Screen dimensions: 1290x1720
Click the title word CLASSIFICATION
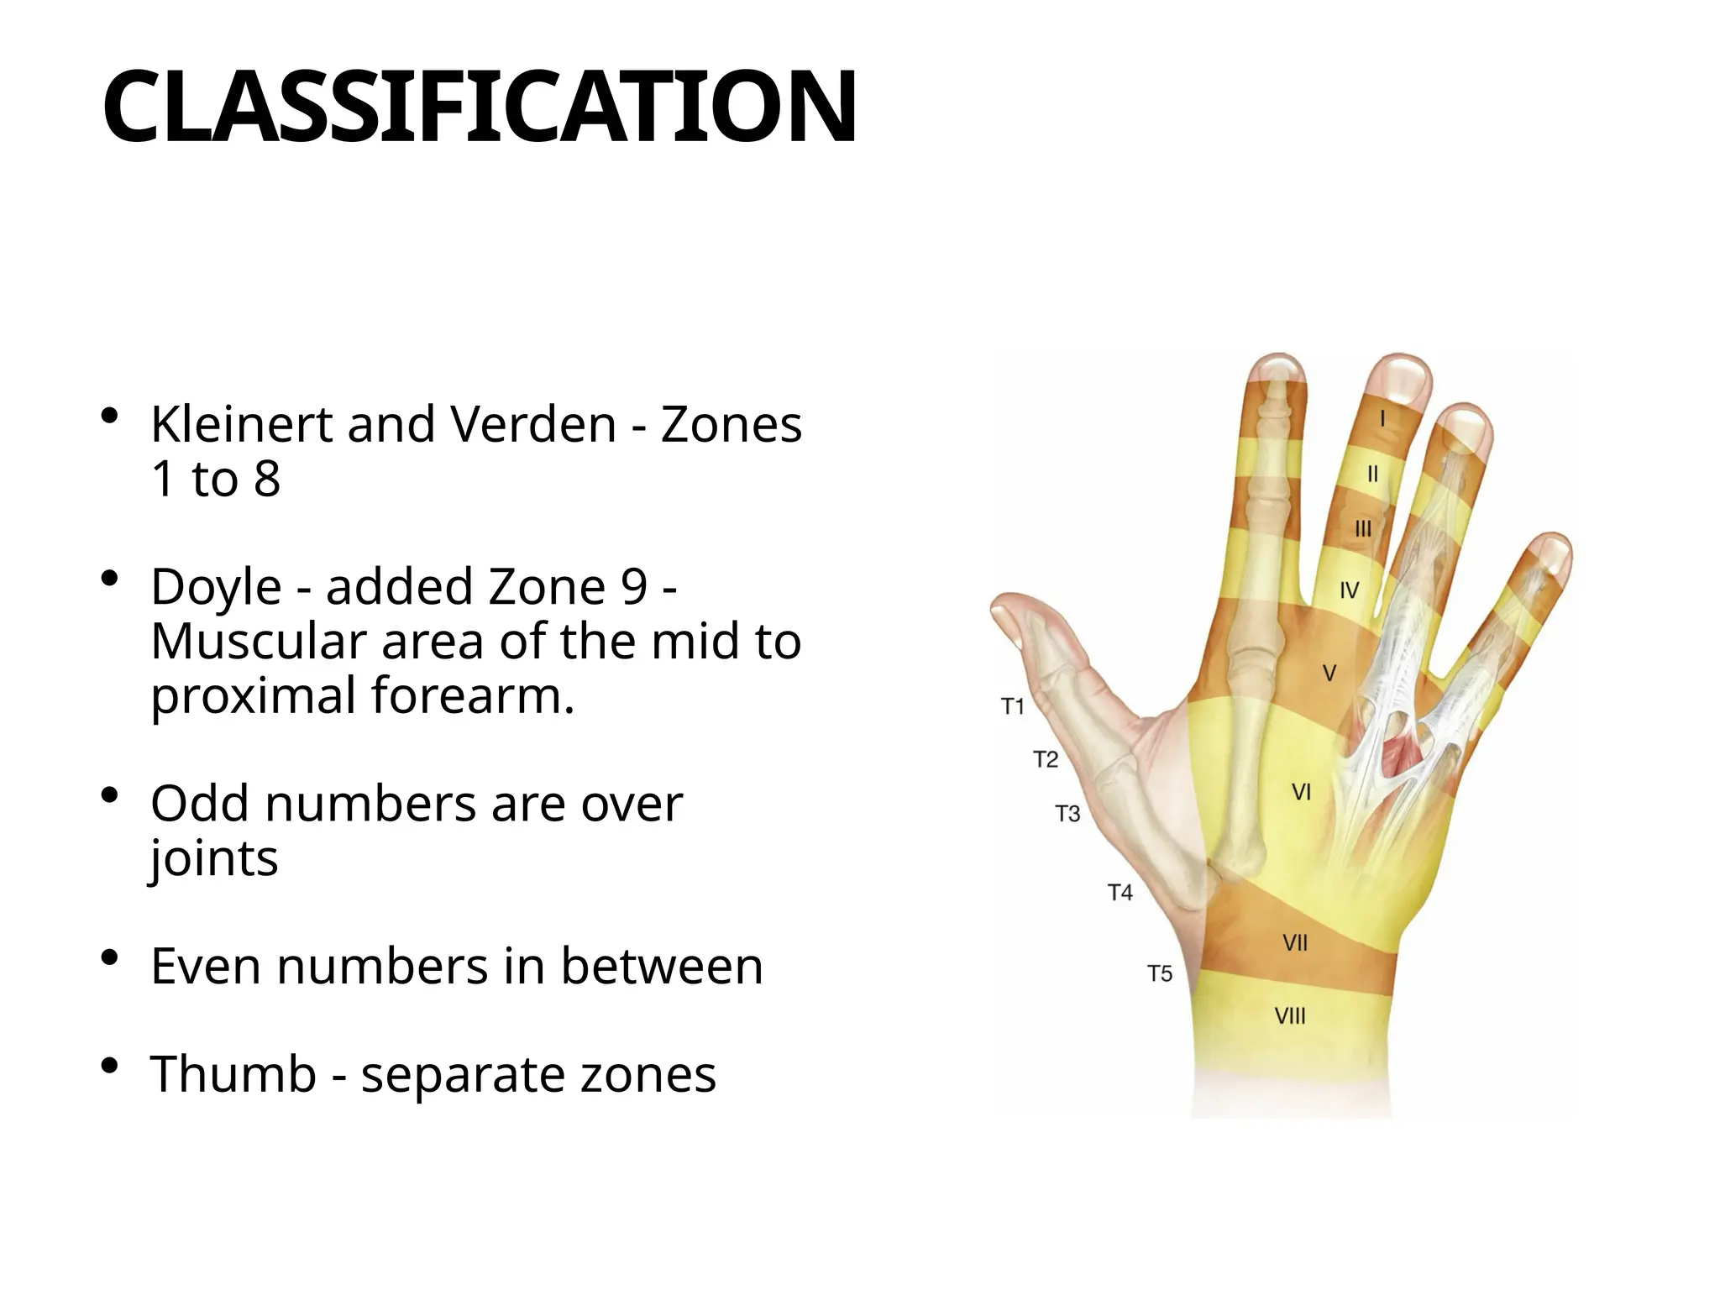click(x=479, y=107)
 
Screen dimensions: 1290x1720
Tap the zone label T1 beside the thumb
click(x=1014, y=707)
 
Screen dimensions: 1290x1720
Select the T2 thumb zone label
click(x=1045, y=760)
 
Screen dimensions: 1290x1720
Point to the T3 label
click(x=1067, y=814)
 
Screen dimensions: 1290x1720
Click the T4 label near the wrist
click(x=1120, y=893)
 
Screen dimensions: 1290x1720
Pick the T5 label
click(x=1160, y=974)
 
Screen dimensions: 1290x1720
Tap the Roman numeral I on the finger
click(x=1382, y=417)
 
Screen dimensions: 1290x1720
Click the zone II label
click(x=1372, y=475)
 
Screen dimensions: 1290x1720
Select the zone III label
click(x=1363, y=529)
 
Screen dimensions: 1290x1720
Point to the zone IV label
click(x=1349, y=591)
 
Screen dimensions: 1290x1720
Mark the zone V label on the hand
click(x=1329, y=674)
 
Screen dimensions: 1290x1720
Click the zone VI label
click(x=1301, y=792)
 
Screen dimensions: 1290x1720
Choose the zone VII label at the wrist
click(x=1295, y=944)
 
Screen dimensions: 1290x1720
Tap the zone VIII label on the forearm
click(x=1291, y=1017)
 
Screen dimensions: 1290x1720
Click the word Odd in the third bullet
click(x=201, y=804)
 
